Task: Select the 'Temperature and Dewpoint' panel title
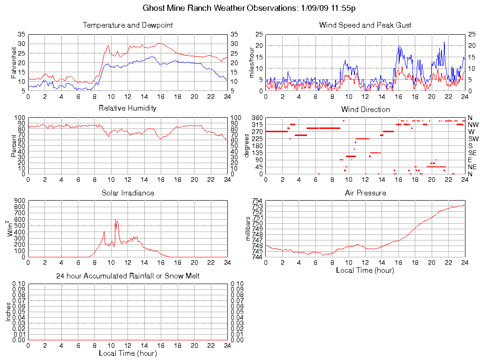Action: pyautogui.click(x=127, y=25)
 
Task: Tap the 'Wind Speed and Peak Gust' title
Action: pyautogui.click(x=365, y=25)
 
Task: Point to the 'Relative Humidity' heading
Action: pyautogui.click(x=127, y=108)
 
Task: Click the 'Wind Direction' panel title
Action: pyautogui.click(x=365, y=109)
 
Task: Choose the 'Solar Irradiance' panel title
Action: pyautogui.click(x=127, y=193)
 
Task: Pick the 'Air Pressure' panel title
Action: pyautogui.click(x=365, y=193)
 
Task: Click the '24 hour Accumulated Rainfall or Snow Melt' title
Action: pyautogui.click(x=127, y=276)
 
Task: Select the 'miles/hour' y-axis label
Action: pyautogui.click(x=252, y=62)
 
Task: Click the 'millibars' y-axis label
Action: pyautogui.click(x=249, y=229)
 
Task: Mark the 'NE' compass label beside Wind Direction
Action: pyautogui.click(x=472, y=167)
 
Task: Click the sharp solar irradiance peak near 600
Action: pyautogui.click(x=115, y=219)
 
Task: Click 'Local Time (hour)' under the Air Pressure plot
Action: pyautogui.click(x=365, y=270)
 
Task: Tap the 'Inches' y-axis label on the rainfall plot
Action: pyautogui.click(x=8, y=312)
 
